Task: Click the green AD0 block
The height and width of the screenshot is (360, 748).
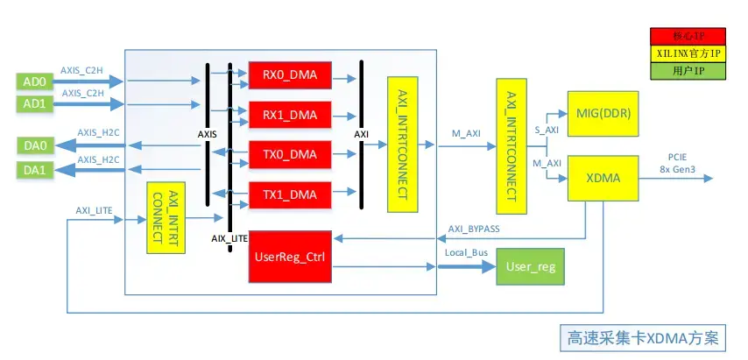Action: point(33,81)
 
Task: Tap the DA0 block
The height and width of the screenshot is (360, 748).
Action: point(37,145)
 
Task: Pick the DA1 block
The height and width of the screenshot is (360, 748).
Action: point(37,170)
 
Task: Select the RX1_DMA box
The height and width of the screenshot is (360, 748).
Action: point(290,115)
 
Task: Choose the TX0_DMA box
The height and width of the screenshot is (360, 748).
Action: point(290,154)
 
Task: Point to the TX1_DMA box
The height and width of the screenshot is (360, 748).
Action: point(290,193)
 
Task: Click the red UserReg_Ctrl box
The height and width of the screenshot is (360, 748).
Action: point(290,257)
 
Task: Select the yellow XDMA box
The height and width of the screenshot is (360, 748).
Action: point(603,178)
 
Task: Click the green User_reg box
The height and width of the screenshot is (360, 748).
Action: point(532,265)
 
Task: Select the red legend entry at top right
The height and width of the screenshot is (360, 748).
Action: point(688,36)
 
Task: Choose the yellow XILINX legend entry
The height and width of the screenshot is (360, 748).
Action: point(688,53)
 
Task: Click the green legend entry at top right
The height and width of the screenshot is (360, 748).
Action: point(688,70)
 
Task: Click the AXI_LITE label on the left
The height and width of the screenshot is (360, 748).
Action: point(95,210)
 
